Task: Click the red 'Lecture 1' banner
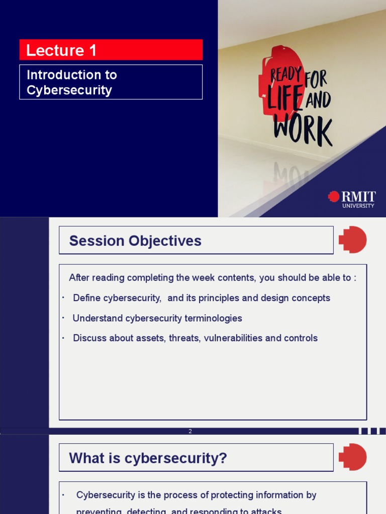(x=111, y=50)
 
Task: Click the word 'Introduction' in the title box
(x=58, y=75)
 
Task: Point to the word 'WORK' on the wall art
(x=303, y=131)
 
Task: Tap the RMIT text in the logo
(x=358, y=196)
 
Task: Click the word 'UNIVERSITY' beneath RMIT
(x=358, y=206)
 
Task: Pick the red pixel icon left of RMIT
(x=334, y=196)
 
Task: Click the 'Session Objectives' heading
(x=135, y=241)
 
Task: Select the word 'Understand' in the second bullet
(x=98, y=318)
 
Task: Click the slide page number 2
(x=190, y=431)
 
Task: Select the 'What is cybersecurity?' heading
(x=148, y=458)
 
